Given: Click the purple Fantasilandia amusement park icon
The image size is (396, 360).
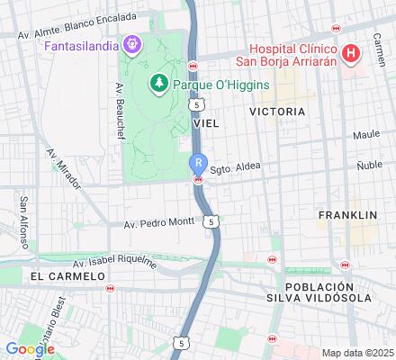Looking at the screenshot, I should [132, 42].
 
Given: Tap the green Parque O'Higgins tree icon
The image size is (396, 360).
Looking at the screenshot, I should [159, 84].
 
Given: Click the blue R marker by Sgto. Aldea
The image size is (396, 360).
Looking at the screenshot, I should [197, 163].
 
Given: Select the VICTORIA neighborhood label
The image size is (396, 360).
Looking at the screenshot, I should [276, 112].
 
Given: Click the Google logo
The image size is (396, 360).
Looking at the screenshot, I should [30, 348].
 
